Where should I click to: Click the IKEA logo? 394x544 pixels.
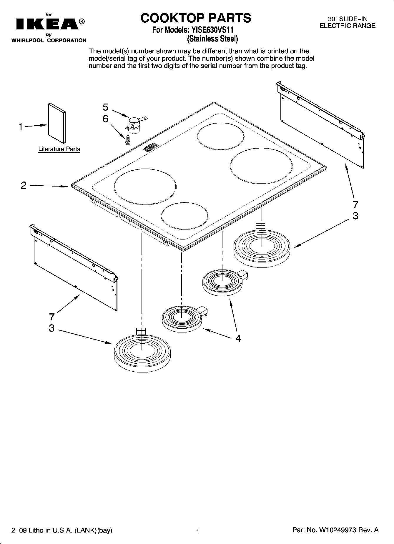tap(47, 24)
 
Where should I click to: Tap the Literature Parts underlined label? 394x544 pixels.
tap(59, 149)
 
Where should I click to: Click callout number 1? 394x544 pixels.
tap(20, 127)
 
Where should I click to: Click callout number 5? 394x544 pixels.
tap(105, 107)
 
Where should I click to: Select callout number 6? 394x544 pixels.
tap(105, 119)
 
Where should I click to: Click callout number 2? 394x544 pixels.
tap(24, 185)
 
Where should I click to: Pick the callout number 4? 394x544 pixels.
tap(238, 338)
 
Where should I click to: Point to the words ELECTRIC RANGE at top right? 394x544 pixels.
tap(348, 26)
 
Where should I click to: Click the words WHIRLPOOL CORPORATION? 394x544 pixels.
tap(49, 41)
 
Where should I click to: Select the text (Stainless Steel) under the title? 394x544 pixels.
tap(212, 39)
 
